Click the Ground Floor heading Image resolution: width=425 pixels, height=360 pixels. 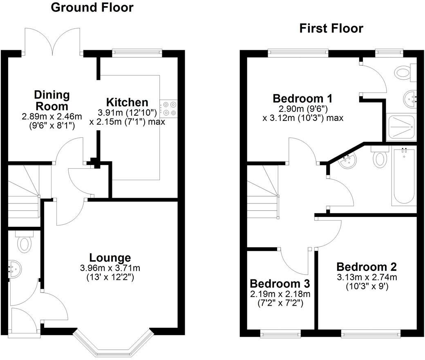(x=92, y=7)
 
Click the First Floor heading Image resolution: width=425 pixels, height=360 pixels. (x=331, y=28)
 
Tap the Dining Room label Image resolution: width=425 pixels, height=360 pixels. (x=51, y=101)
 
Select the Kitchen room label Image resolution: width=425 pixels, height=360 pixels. (x=127, y=102)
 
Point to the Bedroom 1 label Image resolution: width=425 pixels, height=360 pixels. (x=302, y=98)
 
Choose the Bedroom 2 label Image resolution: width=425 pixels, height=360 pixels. (x=366, y=267)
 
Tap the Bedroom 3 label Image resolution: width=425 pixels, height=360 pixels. (x=280, y=283)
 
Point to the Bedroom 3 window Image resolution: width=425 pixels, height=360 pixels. (x=280, y=334)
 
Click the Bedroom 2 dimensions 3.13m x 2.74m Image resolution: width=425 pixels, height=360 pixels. (x=366, y=277)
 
